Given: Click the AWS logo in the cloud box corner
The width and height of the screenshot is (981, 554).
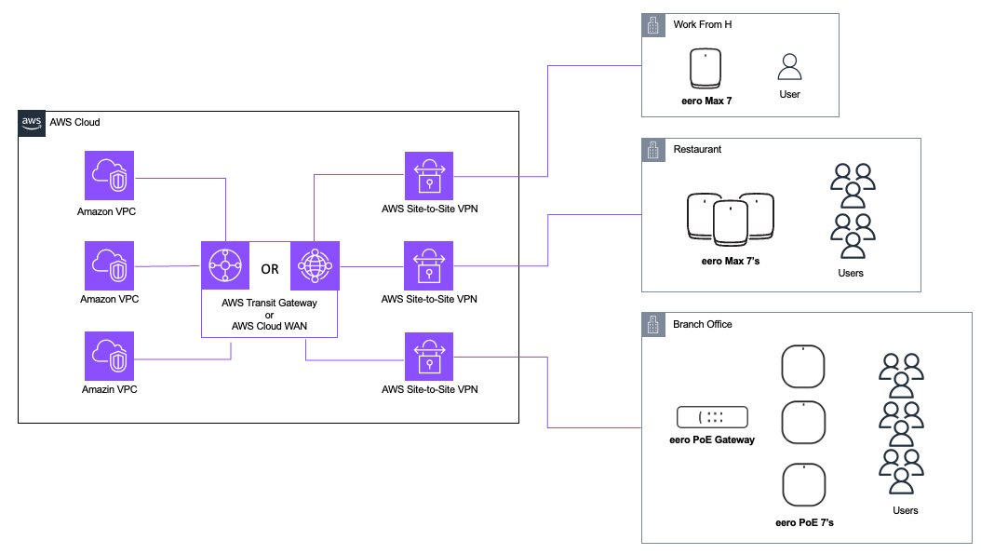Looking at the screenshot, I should [x=32, y=122].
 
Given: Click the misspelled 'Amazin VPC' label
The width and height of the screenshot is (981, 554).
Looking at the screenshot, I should [x=109, y=389].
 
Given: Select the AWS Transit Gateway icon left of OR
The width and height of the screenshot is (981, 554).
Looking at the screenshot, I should [x=226, y=265].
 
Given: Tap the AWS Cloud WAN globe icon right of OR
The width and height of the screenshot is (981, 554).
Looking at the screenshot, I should [x=316, y=265].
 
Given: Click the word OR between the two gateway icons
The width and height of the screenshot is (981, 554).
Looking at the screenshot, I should [x=270, y=270].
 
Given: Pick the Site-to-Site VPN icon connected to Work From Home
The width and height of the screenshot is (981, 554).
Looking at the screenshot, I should [x=429, y=176].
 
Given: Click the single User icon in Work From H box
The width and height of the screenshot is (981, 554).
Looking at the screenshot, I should [x=789, y=68].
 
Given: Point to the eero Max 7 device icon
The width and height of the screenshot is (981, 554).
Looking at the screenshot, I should [x=709, y=68].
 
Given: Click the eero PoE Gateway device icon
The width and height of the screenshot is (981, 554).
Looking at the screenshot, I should [x=712, y=418].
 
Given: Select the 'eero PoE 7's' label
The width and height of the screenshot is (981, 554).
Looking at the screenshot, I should [x=804, y=522].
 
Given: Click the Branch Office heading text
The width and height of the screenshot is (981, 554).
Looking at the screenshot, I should [x=702, y=324].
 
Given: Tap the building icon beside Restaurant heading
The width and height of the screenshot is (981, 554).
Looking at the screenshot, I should [x=653, y=150].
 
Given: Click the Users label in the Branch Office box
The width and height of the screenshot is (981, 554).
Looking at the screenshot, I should [x=905, y=510].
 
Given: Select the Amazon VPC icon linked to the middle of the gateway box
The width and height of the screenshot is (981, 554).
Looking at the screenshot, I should [x=109, y=265].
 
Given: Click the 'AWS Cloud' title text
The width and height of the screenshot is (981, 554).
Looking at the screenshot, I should [x=74, y=122].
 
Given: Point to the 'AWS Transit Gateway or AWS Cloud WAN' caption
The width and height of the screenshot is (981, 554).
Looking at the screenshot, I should [x=269, y=315].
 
